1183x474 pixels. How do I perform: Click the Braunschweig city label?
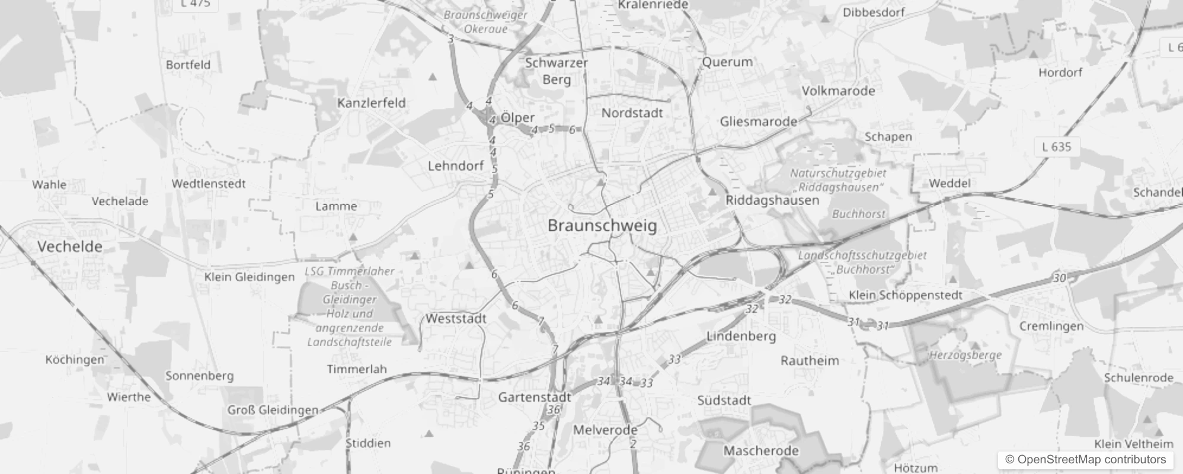pyautogui.click(x=602, y=226)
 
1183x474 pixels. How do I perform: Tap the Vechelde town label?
pyautogui.click(x=70, y=246)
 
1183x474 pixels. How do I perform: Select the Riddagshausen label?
pyautogui.click(x=772, y=200)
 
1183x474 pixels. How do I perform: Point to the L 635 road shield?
pyautogui.click(x=1056, y=146)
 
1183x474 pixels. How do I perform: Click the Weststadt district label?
pyautogui.click(x=456, y=319)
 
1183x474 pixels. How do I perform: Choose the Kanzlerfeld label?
pyautogui.click(x=372, y=103)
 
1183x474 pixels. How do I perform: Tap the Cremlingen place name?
pyautogui.click(x=1051, y=326)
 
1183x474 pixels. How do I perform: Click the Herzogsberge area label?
pyautogui.click(x=965, y=355)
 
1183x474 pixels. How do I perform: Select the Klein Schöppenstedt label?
pyautogui.click(x=906, y=295)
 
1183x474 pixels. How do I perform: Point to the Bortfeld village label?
pyautogui.click(x=188, y=65)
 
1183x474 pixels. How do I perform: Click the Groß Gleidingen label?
pyautogui.click(x=273, y=410)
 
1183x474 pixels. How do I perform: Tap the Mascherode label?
pyautogui.click(x=761, y=451)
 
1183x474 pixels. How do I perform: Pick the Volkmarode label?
pyautogui.click(x=838, y=91)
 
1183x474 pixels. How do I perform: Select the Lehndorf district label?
pyautogui.click(x=456, y=166)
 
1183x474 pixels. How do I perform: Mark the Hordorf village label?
pyautogui.click(x=1060, y=73)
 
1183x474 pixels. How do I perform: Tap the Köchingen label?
pyautogui.click(x=75, y=360)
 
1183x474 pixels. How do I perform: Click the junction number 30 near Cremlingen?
pyautogui.click(x=1060, y=278)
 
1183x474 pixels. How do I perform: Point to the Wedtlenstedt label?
pyautogui.click(x=208, y=184)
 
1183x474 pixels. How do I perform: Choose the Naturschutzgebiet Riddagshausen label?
pyautogui.click(x=838, y=180)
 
